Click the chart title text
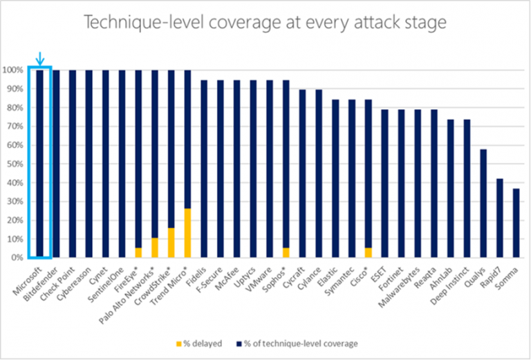click(265, 23)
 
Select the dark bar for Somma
click(516, 222)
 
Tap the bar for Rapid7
click(499, 218)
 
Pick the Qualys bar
click(483, 203)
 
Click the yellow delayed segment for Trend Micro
click(187, 233)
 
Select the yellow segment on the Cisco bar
click(368, 252)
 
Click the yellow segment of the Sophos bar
click(286, 252)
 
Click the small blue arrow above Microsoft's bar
click(39, 57)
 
